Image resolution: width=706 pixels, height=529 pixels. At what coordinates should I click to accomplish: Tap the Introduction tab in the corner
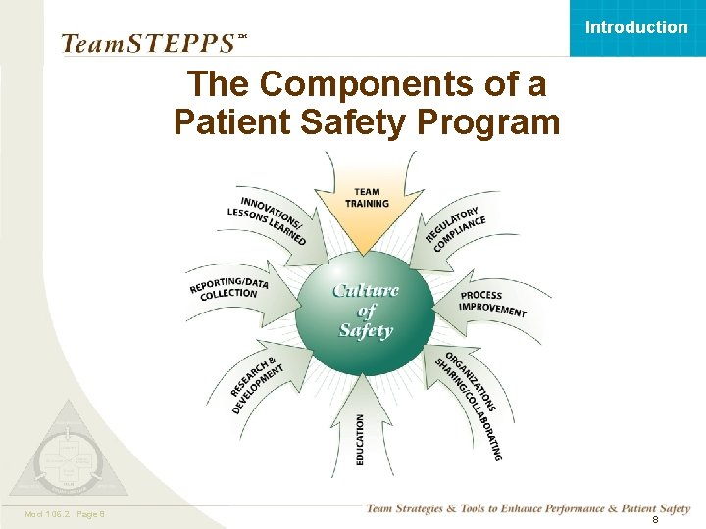coord(636,27)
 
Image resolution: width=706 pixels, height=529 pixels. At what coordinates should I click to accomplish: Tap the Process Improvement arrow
coord(493,303)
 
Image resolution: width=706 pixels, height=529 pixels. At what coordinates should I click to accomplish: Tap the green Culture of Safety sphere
coord(365,309)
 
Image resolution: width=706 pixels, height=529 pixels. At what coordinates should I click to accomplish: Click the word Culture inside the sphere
coord(366,289)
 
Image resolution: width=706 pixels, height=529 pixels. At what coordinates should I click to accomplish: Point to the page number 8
coord(655,520)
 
